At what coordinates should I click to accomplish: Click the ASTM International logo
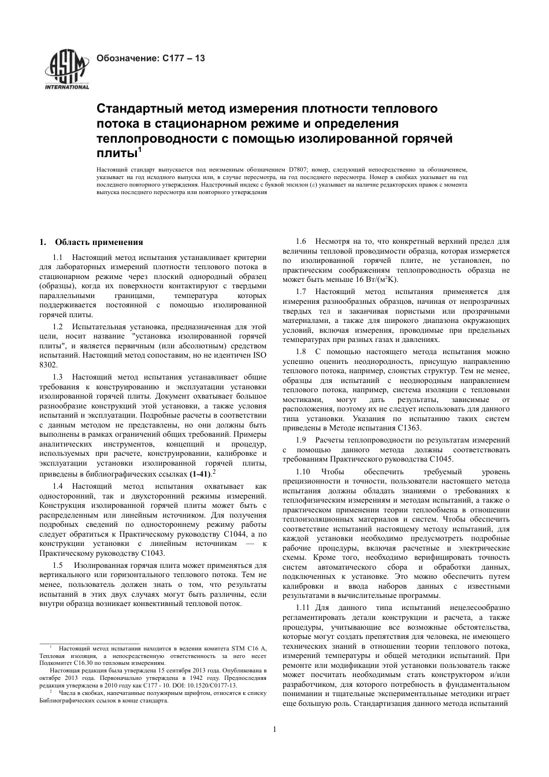66,70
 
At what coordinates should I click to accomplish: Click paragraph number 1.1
58,257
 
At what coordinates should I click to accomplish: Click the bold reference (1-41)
200,474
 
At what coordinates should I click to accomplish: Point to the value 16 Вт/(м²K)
377,279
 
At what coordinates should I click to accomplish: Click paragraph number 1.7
301,292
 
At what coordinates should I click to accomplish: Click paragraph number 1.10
303,471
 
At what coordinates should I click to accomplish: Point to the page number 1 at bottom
274,728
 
